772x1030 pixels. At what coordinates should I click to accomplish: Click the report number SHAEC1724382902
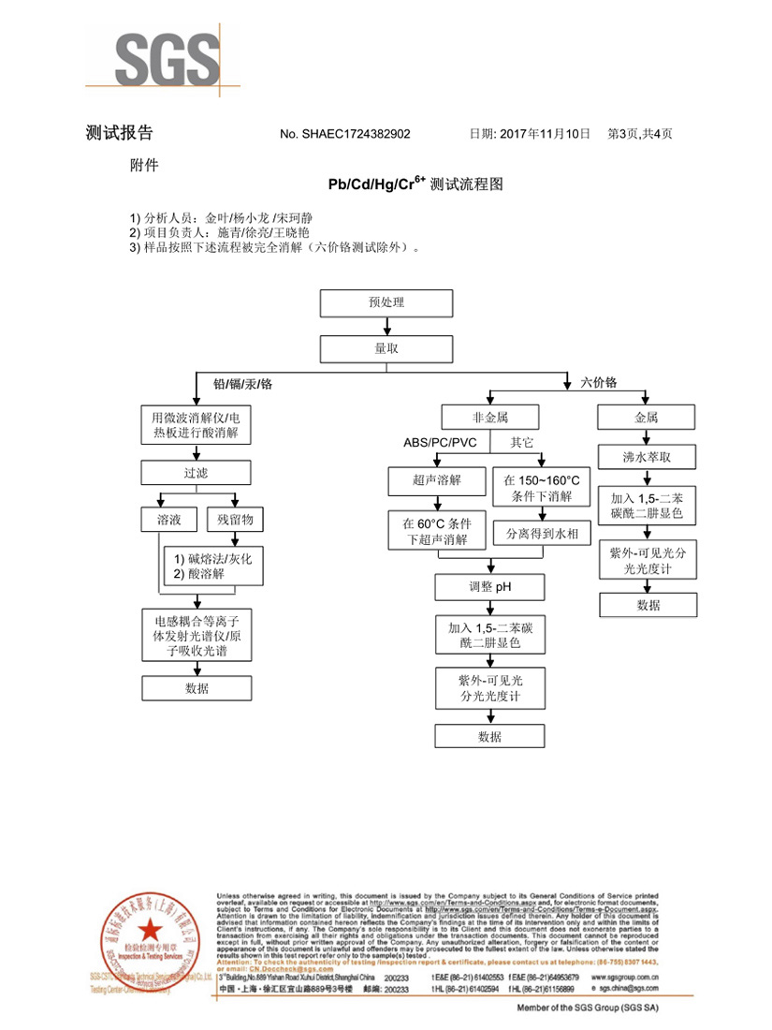tap(344, 135)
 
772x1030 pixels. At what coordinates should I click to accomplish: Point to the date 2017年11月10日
tap(530, 134)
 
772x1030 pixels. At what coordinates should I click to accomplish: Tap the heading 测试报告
tap(119, 133)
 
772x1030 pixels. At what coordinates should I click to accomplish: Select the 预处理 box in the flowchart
tap(386, 303)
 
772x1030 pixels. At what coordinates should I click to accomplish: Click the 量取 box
tap(386, 348)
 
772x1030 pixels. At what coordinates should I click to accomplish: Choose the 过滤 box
tap(197, 474)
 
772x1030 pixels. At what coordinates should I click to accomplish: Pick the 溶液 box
tap(168, 518)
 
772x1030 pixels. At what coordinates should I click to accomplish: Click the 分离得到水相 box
tap(542, 533)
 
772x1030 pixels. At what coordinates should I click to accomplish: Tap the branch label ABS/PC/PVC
tap(440, 442)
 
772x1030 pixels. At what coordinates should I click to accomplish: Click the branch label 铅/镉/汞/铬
tap(242, 384)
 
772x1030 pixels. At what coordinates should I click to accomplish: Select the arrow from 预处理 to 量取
tap(386, 326)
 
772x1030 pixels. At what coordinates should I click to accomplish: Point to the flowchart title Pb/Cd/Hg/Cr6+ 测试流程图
tap(415, 184)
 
